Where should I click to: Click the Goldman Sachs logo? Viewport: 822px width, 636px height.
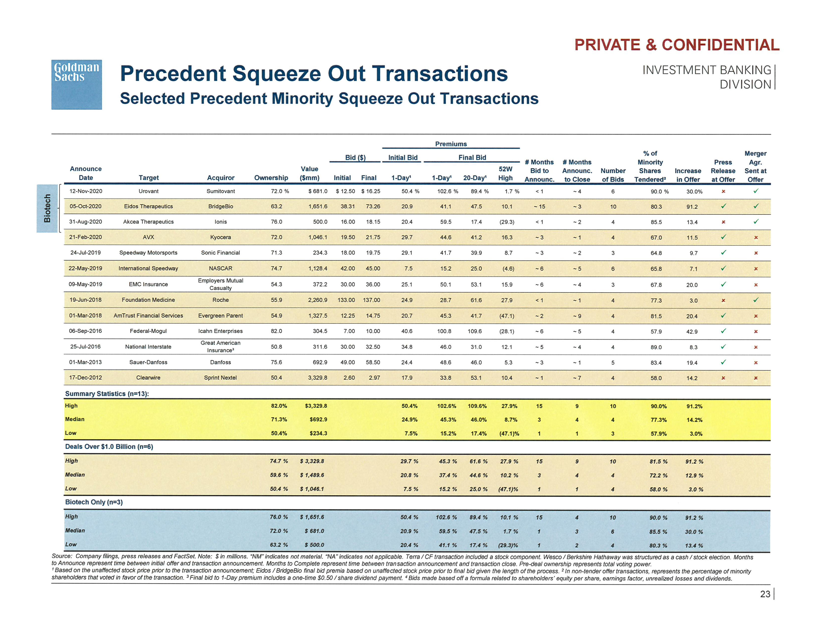[x=76, y=84]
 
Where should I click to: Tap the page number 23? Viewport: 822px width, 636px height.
[x=765, y=594]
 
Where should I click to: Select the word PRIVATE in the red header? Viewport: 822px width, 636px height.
[x=607, y=45]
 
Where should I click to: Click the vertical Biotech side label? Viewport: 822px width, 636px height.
[x=47, y=208]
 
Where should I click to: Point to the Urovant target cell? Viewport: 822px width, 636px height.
[x=148, y=191]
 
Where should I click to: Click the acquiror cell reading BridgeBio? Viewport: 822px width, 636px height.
[x=220, y=207]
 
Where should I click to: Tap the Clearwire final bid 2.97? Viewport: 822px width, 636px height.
[x=374, y=378]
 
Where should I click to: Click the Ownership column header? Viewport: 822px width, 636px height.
[x=271, y=178]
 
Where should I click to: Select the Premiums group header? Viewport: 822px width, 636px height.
[x=451, y=144]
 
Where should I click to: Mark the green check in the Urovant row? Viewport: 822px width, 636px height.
[x=755, y=191]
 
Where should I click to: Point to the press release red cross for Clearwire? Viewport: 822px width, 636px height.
[x=723, y=378]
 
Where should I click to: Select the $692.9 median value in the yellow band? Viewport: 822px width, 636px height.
[x=318, y=419]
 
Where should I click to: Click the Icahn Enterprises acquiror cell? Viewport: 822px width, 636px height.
[x=220, y=331]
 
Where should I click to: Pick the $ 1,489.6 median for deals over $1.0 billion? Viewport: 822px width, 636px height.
[x=312, y=475]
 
